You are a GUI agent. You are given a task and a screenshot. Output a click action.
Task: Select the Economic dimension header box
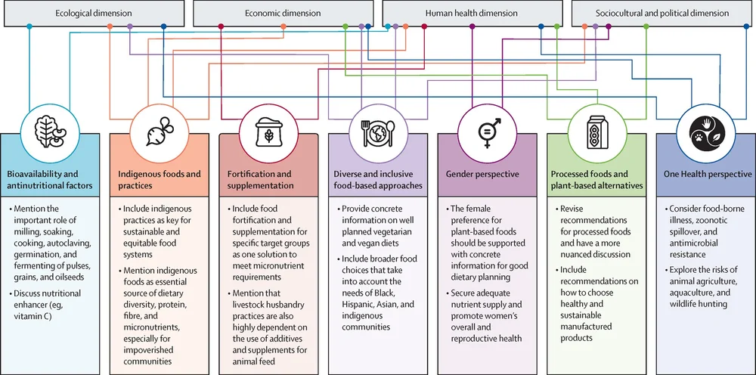(x=283, y=13)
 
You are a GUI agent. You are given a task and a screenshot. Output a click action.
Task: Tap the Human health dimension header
(x=472, y=13)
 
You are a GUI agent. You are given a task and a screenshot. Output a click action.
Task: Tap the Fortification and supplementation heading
(x=262, y=179)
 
